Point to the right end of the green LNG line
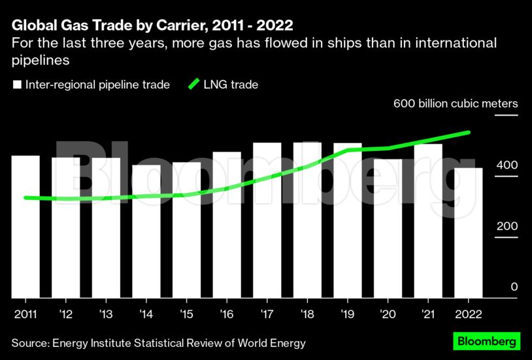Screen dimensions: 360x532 469,133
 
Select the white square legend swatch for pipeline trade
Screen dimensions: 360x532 17,85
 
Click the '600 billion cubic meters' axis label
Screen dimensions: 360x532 455,104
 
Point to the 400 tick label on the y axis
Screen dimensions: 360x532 508,165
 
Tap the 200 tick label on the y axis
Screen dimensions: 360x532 508,226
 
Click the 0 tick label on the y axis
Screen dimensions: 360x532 514,287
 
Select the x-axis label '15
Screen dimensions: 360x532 186,314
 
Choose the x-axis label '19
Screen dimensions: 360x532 347,314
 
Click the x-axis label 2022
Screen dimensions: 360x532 468,314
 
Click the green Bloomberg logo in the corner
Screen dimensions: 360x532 487,341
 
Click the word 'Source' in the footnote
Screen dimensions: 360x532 30,343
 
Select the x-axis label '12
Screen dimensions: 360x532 65,314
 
